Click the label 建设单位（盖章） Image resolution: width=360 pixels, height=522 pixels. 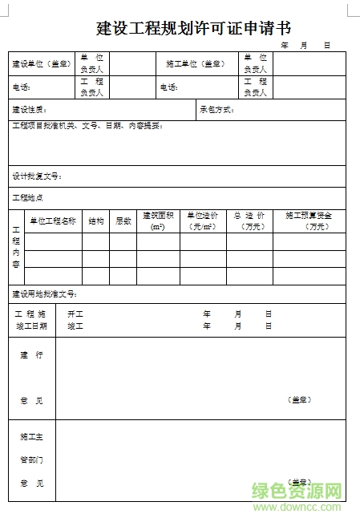(41, 63)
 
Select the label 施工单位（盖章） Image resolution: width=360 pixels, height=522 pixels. (196, 63)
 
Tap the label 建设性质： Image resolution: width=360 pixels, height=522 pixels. (29, 109)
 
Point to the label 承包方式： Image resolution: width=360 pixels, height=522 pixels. (216, 109)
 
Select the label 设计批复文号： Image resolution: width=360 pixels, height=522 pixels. (37, 176)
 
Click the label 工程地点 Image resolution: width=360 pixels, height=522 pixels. (27, 197)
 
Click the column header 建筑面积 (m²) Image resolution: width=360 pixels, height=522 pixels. (158, 221)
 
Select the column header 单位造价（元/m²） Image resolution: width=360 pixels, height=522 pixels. (202, 221)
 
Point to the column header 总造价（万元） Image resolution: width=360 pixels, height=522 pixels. (249, 221)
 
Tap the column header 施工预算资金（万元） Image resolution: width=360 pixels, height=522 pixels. (309, 221)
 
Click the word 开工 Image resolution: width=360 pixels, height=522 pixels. (75, 314)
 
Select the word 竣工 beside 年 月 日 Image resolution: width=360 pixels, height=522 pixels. (75, 326)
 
